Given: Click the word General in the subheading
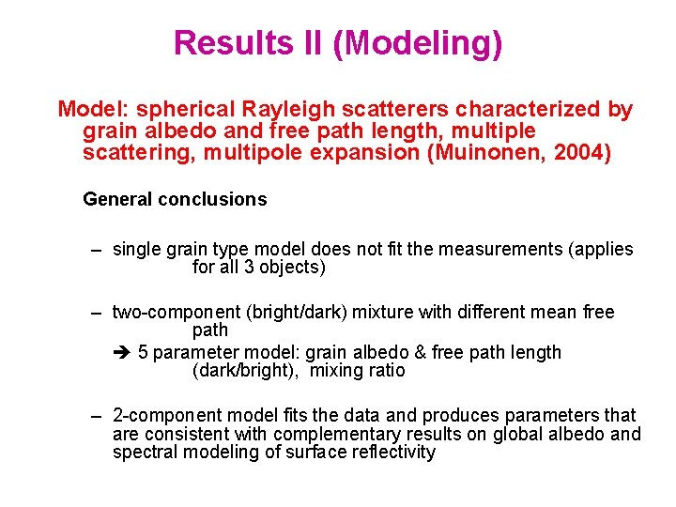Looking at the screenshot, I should point(117,199).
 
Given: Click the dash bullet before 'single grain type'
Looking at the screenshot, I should point(96,250).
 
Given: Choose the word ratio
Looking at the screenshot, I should point(387,370).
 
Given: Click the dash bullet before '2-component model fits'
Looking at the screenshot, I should point(96,415).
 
